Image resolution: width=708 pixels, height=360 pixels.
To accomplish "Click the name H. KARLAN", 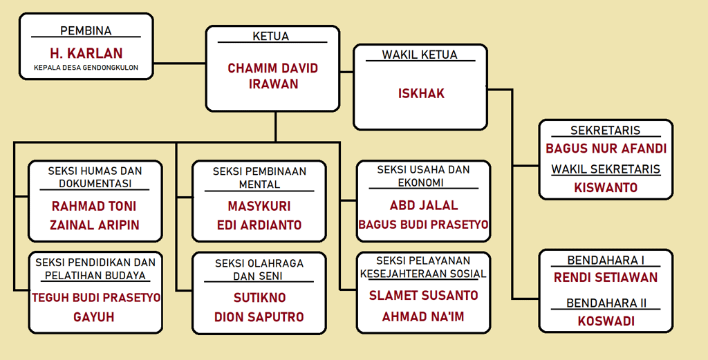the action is point(86,53).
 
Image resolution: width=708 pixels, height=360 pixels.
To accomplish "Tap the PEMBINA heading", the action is point(86,30).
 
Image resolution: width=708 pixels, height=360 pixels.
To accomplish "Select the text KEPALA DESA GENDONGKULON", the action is point(86,68).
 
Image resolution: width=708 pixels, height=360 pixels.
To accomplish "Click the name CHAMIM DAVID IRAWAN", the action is point(272,76).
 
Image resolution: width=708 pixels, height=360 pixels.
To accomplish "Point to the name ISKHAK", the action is point(421,93).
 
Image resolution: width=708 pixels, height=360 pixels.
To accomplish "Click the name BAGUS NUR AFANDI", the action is point(606,149).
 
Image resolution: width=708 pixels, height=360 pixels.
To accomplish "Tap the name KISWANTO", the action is point(606,187).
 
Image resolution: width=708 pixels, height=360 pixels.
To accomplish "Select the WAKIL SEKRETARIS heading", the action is point(606,169).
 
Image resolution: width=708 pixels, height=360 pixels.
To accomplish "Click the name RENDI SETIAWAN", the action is point(606,277).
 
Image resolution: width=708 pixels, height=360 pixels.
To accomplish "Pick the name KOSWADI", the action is point(606,321).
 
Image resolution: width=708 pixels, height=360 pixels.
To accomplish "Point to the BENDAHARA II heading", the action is point(606,303).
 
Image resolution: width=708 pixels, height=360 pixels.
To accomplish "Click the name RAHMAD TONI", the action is point(94,206).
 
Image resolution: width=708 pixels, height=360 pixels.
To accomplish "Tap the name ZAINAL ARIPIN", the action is point(94,225).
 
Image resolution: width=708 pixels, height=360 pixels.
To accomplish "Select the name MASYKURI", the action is point(259,206).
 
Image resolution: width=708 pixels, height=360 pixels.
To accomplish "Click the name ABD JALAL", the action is point(424,205).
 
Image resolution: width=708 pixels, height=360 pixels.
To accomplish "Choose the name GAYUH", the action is point(94,317).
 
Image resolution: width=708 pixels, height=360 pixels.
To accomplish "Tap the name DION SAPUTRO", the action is point(259,317).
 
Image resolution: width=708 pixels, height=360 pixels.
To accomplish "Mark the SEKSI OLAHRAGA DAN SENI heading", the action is point(259,269).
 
